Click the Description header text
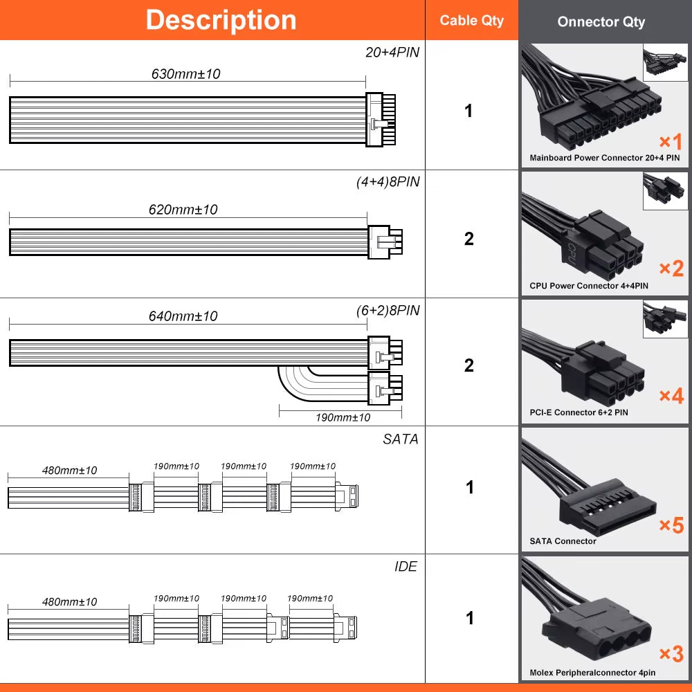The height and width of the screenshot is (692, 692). coord(221,20)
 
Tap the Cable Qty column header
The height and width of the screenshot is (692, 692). coord(472,21)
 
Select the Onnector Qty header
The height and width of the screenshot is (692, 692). coord(601,22)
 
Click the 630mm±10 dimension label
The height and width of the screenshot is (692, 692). coord(185,73)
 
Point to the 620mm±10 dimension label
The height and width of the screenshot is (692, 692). coord(183,209)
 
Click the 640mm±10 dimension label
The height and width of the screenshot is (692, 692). coord(183,316)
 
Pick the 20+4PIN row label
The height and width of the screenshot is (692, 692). coord(392,53)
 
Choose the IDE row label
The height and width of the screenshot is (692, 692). coord(406,567)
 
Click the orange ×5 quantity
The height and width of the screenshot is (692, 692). coord(671,525)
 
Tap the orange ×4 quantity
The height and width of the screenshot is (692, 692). coord(671,396)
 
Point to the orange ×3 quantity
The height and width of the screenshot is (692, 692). coord(671,653)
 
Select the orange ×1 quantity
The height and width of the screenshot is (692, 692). coord(670,142)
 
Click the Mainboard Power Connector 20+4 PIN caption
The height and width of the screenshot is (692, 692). coord(604,158)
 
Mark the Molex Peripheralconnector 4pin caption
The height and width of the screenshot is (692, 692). coord(592,673)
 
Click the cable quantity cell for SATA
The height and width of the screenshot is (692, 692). coord(469,488)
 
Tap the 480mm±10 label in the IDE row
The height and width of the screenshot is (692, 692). coord(69,602)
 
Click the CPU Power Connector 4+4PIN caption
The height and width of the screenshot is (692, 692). coord(589,286)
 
